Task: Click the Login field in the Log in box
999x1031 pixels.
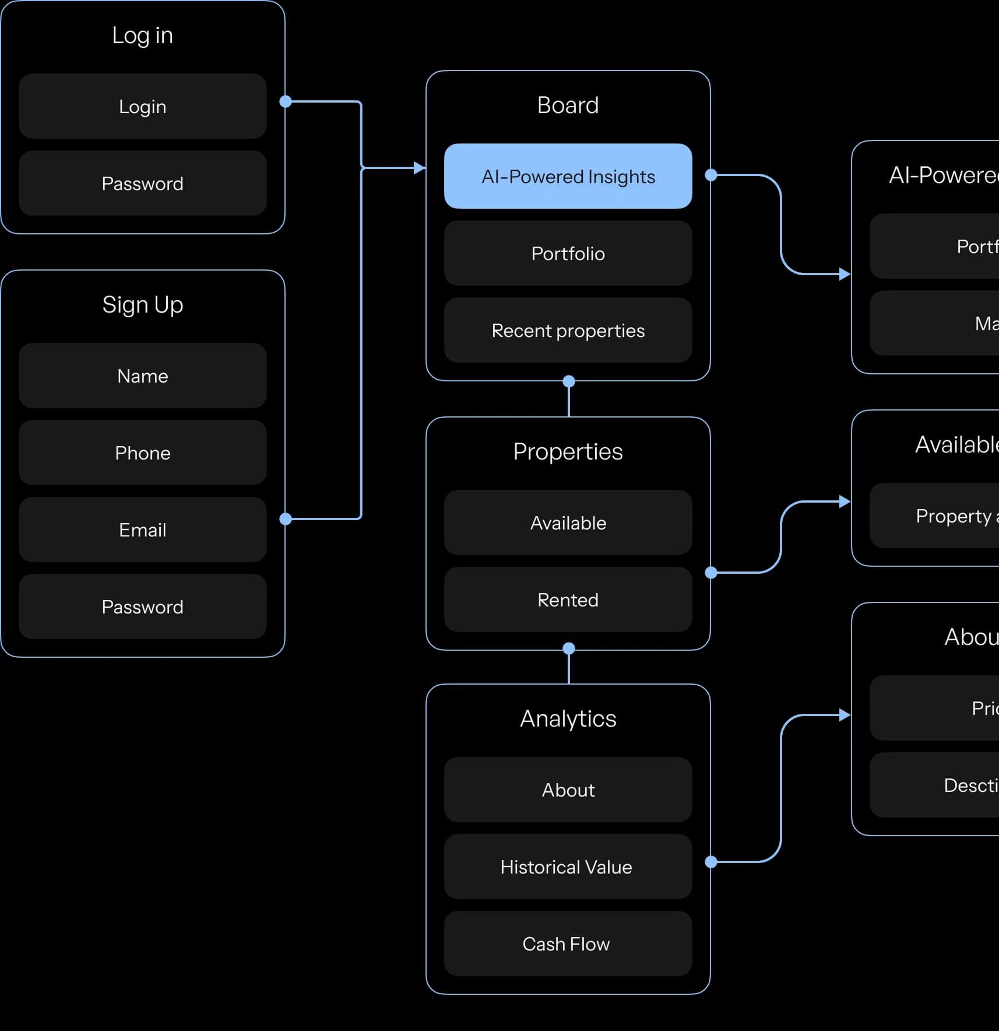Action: [x=142, y=106]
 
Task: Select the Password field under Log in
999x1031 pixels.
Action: [x=142, y=183]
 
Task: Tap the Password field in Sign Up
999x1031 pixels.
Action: [x=142, y=606]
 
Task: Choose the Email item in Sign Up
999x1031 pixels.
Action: [x=142, y=529]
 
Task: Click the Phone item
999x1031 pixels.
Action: [x=142, y=453]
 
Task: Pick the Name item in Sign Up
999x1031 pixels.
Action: [x=142, y=376]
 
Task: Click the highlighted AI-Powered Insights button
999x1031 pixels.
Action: [x=568, y=176]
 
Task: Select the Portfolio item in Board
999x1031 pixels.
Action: [x=568, y=253]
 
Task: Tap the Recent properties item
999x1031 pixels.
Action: [x=568, y=330]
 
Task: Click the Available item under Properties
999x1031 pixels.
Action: [x=568, y=522]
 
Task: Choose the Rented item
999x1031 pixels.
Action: [x=568, y=599]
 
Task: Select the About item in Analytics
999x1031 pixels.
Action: [x=568, y=790]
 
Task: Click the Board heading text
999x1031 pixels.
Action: [x=568, y=105]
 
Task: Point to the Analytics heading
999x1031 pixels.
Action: [x=568, y=718]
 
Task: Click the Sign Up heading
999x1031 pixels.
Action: [x=142, y=304]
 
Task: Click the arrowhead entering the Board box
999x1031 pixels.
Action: [x=420, y=168]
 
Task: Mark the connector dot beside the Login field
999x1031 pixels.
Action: [x=286, y=101]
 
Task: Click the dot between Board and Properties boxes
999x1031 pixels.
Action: [x=569, y=381]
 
